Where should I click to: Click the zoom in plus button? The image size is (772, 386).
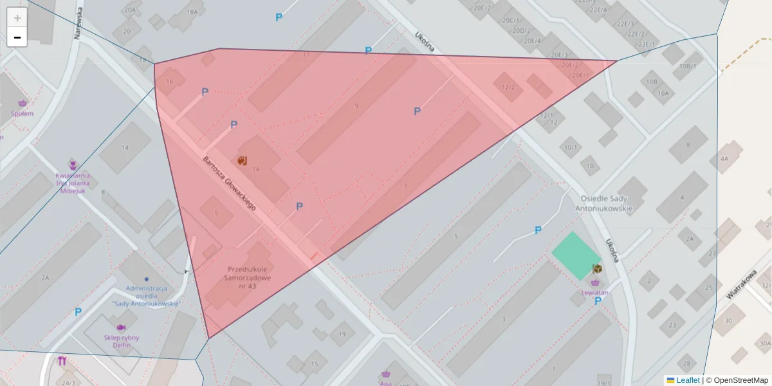[x=17, y=18]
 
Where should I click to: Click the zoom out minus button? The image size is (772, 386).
[x=17, y=37]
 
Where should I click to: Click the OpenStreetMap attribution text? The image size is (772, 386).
[x=740, y=380]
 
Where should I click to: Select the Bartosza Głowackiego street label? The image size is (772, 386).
[x=230, y=184]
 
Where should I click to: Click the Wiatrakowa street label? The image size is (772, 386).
[x=740, y=284]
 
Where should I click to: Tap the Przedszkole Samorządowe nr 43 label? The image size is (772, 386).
[x=248, y=277]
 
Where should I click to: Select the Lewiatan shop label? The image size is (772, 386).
[x=595, y=292]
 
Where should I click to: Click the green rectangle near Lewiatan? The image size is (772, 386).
[x=576, y=255]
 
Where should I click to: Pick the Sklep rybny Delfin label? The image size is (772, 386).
[x=122, y=341]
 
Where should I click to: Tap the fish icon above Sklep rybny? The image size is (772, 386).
[x=121, y=327]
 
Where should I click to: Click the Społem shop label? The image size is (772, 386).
[x=23, y=113]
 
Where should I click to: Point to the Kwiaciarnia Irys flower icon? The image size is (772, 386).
[x=73, y=165]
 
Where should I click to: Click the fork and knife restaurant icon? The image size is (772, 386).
[x=62, y=361]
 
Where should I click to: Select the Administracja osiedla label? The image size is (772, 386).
[x=147, y=296]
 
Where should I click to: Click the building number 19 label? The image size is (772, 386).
[x=342, y=334]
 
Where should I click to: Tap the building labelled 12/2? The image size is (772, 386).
[x=508, y=87]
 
